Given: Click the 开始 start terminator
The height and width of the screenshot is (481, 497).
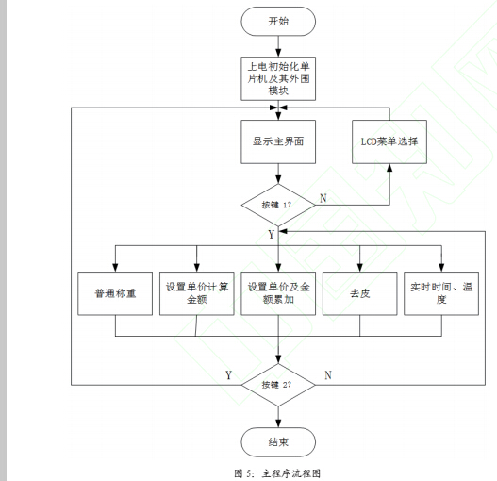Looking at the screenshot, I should tap(277, 20).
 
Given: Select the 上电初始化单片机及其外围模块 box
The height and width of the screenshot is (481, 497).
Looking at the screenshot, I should tap(277, 75).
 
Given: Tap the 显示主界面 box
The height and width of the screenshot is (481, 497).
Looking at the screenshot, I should tap(277, 141).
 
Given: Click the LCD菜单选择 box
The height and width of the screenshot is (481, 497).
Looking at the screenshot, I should tap(389, 141).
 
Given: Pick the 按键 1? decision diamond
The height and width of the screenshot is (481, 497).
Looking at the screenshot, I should tap(277, 204).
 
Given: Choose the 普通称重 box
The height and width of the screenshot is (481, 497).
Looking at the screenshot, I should tap(114, 293).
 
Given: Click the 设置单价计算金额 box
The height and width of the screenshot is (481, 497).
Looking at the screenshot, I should tap(196, 293).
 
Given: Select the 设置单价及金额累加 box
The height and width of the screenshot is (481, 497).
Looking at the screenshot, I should tap(277, 293).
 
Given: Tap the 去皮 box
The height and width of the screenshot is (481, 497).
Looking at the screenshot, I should tap(359, 293).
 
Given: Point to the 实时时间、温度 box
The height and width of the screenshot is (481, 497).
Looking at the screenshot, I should tap(440, 293).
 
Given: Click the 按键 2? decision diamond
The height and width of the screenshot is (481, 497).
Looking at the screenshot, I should tap(277, 385).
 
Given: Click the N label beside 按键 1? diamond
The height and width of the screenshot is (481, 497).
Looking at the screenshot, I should tap(323, 198).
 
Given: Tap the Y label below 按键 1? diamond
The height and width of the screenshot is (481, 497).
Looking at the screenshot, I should tap(272, 232).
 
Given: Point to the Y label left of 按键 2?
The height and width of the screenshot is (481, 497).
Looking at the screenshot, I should tap(228, 375).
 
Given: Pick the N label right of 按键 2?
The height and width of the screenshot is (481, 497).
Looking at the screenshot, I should tap(327, 375).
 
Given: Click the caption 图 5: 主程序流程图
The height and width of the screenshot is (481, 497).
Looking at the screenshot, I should tap(277, 473).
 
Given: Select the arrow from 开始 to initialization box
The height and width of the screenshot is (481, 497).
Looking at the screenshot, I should tap(277, 45).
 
